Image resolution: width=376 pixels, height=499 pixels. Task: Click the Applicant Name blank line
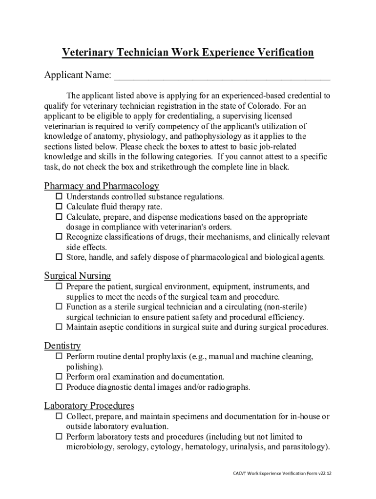(x=222, y=77)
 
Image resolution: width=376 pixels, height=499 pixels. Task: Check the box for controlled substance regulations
(x=59, y=196)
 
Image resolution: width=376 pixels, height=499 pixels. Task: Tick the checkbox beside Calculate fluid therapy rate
(x=59, y=207)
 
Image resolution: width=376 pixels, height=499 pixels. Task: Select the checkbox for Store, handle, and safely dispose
(x=59, y=257)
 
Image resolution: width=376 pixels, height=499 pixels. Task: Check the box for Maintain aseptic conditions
(x=59, y=326)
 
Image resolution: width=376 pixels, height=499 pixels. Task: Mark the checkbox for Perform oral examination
(x=59, y=377)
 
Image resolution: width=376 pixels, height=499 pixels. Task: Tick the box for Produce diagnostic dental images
(x=59, y=387)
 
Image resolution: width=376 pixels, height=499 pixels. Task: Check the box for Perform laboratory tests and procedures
(x=59, y=437)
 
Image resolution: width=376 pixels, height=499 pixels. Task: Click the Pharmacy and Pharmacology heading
(x=102, y=186)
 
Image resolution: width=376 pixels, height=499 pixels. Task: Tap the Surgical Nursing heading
(x=78, y=276)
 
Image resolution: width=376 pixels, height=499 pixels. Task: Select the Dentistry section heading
(x=63, y=346)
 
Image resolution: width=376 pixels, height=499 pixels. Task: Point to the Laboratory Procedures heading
(x=89, y=405)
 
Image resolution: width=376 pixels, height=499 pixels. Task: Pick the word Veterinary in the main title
(x=87, y=53)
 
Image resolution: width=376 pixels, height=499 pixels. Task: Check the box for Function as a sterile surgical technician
(x=59, y=307)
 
